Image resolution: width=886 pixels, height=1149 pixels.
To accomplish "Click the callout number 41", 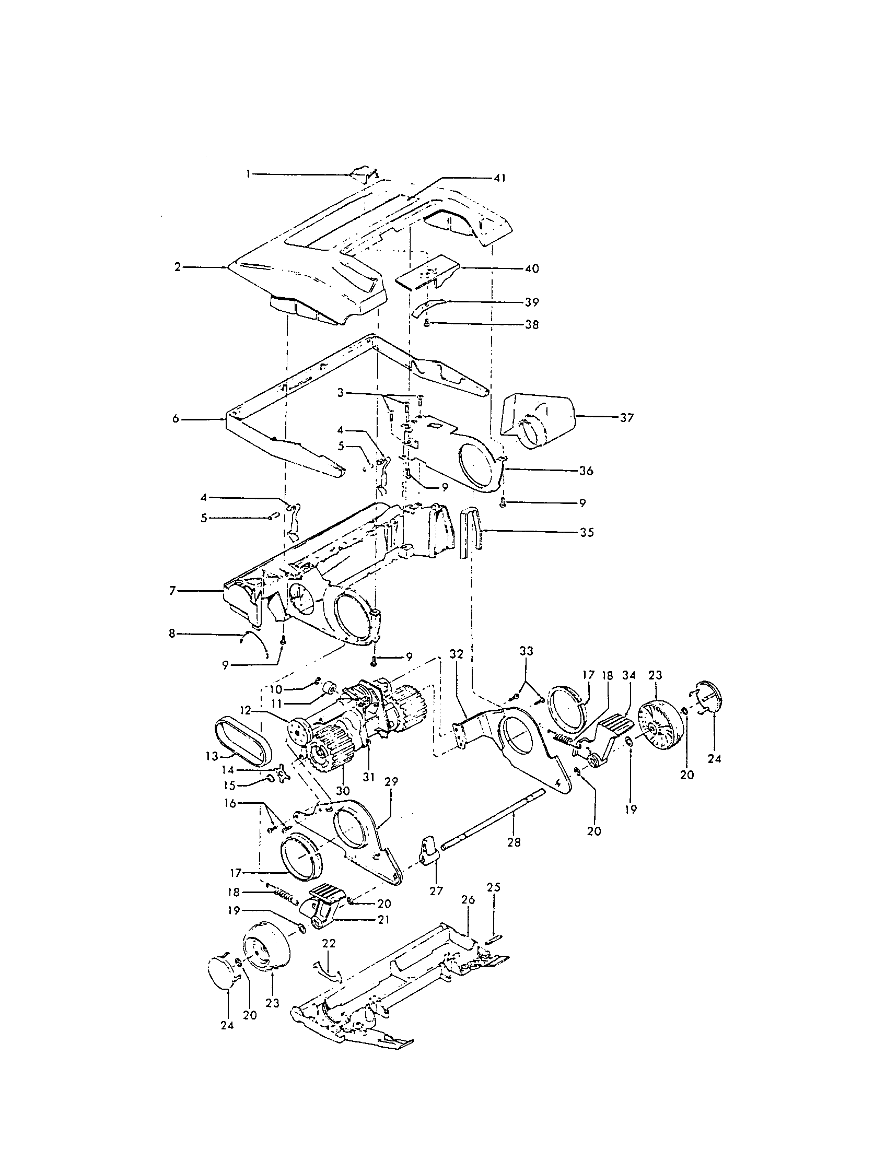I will click(x=499, y=179).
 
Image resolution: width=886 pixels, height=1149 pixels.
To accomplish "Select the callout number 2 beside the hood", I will click(x=177, y=267).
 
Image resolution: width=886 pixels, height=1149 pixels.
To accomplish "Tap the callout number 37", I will click(x=626, y=418).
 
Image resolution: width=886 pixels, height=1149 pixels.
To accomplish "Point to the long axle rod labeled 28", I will click(x=495, y=822).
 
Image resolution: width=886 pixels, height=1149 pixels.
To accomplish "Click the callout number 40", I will click(x=532, y=269).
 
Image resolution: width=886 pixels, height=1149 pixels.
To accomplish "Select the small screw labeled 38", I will click(x=427, y=325).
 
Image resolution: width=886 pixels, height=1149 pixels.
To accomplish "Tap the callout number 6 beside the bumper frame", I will click(x=176, y=419).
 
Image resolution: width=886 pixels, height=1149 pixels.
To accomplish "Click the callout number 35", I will click(x=587, y=532).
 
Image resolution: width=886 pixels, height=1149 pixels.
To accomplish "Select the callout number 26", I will click(x=468, y=900).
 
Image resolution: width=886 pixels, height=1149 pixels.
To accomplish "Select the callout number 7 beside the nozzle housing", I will click(x=172, y=591).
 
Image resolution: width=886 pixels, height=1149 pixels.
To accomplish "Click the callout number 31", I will click(x=368, y=776).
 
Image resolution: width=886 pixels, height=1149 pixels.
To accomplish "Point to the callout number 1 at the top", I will click(x=250, y=173).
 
